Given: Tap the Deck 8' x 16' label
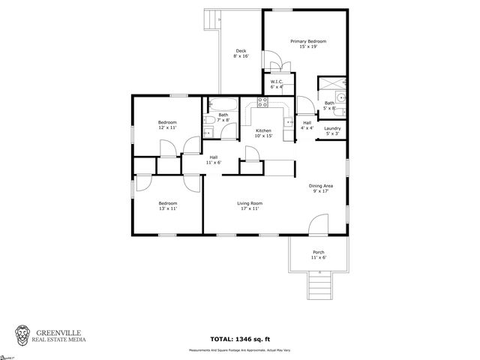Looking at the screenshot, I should pos(241,53).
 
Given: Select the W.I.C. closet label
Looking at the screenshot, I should pos(276,84).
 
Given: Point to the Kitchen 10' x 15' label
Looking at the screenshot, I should pos(263,133).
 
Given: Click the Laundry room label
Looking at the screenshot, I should pos(332,131).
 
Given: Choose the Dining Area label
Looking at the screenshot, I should pos(321,188).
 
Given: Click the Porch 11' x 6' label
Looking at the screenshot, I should pos(319,255).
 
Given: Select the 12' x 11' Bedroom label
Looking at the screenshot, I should pos(167,125).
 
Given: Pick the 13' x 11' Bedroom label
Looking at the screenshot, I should pos(167,206).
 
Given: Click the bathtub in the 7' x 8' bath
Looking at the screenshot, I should pos(223,104).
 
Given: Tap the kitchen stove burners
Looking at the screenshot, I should pos(263,103).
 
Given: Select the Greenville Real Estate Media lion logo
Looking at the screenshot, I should pos(24,335).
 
